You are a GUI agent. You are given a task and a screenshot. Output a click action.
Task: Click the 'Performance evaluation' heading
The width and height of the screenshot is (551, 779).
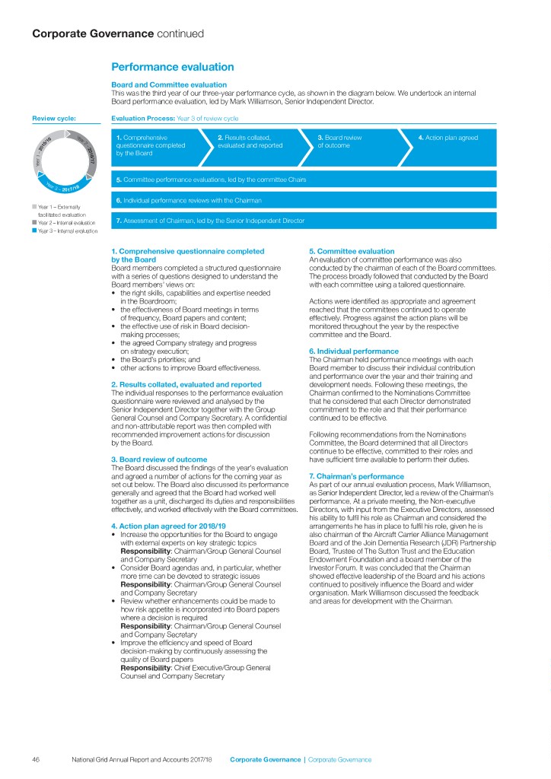click(173, 68)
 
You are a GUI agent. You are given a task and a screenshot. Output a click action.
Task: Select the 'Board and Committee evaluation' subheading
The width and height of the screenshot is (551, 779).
click(169, 84)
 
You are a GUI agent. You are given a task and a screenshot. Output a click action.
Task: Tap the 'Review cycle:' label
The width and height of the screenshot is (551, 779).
click(54, 119)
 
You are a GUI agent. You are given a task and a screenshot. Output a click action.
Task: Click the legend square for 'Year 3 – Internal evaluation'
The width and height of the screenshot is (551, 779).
click(34, 231)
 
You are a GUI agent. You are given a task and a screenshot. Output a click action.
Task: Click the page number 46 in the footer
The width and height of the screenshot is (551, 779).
click(36, 759)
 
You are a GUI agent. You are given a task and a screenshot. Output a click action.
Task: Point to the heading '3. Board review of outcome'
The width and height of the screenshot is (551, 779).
click(158, 459)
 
